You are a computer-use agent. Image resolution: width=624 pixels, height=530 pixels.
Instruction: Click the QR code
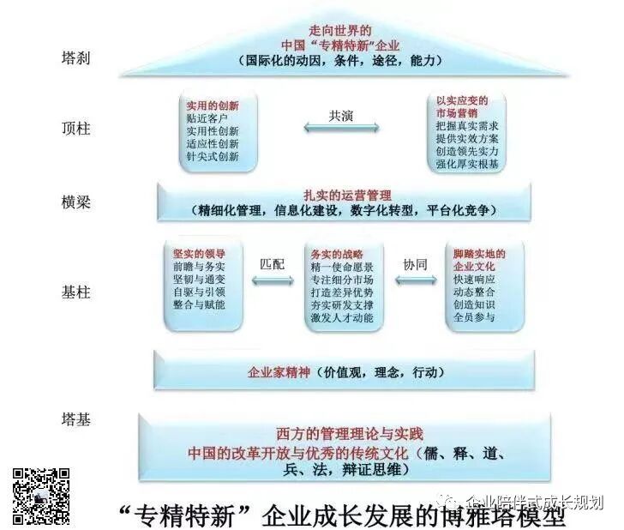41,496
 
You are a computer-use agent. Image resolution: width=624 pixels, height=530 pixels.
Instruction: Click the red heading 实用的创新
212,105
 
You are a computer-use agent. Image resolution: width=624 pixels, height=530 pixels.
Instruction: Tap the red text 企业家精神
281,373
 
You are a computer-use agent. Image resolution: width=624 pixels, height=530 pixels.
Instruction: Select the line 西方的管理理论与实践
350,433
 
